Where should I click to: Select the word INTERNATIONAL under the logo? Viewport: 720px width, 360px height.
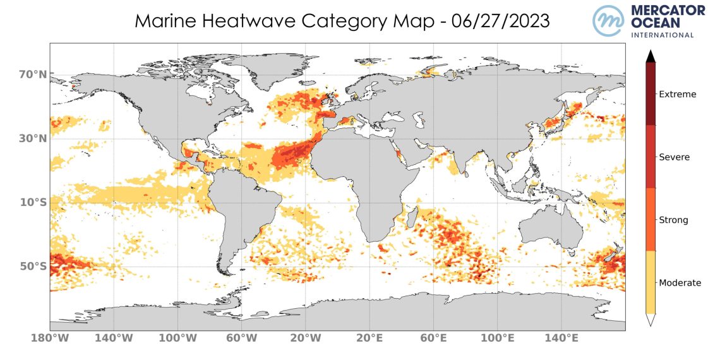pyautogui.click(x=663, y=35)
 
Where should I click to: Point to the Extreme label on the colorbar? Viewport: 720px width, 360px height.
pyautogui.click(x=677, y=95)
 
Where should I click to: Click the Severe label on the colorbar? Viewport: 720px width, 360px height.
pyautogui.click(x=674, y=157)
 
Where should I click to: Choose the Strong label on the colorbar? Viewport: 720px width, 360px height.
pyautogui.click(x=673, y=220)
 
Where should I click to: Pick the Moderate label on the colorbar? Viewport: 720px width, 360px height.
pyautogui.click(x=680, y=283)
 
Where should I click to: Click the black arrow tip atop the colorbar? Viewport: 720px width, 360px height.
pyautogui.click(x=651, y=56)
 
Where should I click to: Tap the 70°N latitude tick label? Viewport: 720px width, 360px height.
pyautogui.click(x=33, y=75)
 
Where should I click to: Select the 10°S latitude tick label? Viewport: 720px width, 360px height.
pyautogui.click(x=33, y=203)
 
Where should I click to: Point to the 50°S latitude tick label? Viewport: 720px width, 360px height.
pyautogui.click(x=33, y=267)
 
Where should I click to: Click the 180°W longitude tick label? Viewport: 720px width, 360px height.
pyautogui.click(x=51, y=339)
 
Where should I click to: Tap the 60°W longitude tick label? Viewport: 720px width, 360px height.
pyautogui.click(x=243, y=339)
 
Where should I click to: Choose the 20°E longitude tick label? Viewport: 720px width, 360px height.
pyautogui.click(x=370, y=339)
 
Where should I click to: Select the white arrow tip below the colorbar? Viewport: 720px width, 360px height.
pyautogui.click(x=651, y=320)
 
